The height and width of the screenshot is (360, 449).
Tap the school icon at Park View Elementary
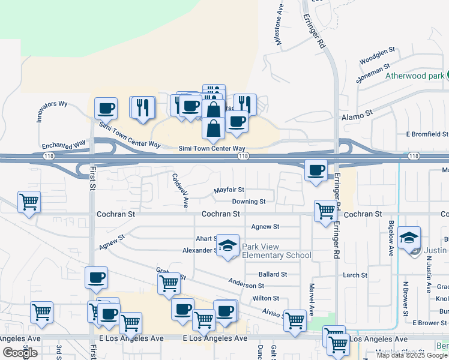[x=228, y=245]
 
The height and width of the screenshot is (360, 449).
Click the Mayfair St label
[x=229, y=190]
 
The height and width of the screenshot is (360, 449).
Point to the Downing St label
[x=249, y=202]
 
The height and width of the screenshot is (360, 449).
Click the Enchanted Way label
[x=64, y=145]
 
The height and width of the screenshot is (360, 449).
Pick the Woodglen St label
[x=376, y=56]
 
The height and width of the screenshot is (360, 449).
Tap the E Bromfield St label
[x=427, y=133]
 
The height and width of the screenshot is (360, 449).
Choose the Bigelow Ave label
[x=391, y=239]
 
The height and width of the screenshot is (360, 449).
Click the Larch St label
[x=355, y=275]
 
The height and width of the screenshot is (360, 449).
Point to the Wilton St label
[x=266, y=298]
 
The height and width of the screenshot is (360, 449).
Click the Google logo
[x=20, y=353]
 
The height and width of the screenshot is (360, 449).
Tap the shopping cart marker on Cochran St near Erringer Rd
[x=325, y=211]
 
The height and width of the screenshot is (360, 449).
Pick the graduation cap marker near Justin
[x=409, y=238]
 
